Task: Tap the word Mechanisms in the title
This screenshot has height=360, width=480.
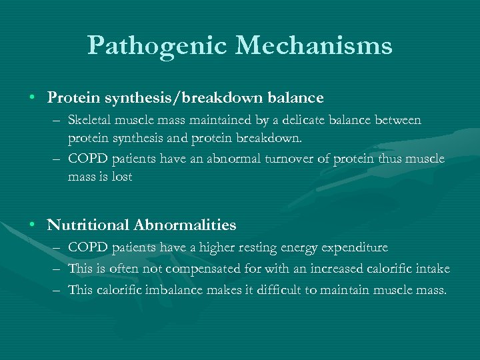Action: (x=313, y=46)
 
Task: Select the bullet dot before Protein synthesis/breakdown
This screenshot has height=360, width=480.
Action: (x=32, y=97)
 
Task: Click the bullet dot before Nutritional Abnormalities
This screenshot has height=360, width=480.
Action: (x=32, y=225)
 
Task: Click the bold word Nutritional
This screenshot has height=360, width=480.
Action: (x=89, y=225)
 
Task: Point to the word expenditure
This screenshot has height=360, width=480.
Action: (x=355, y=247)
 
